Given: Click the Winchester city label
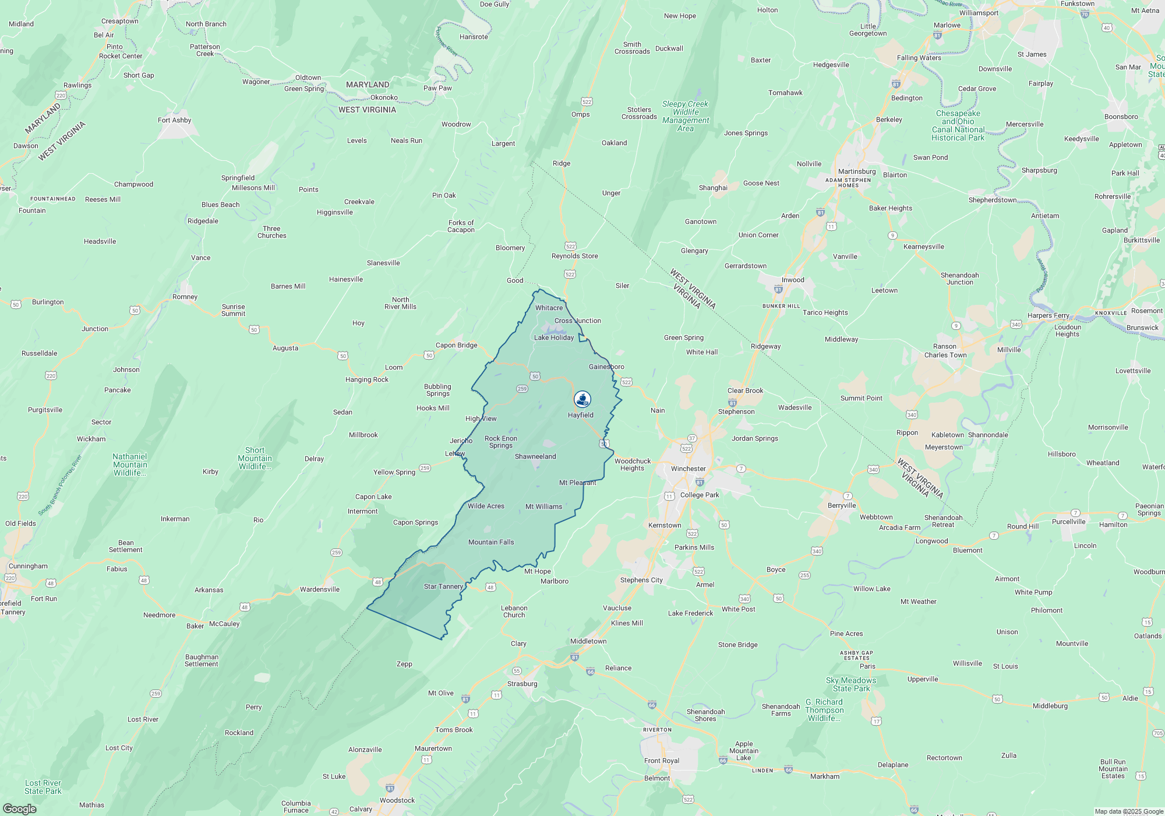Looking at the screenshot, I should (x=688, y=469).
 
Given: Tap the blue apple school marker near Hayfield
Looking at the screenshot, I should (x=582, y=399).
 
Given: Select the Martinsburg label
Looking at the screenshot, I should (x=856, y=171).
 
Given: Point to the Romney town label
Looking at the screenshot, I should (x=185, y=297).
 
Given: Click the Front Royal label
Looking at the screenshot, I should (x=661, y=761).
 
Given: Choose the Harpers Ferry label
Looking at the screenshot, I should (x=1048, y=315).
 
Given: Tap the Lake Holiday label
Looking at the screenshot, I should (x=553, y=337).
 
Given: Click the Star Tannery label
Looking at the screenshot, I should (x=443, y=586).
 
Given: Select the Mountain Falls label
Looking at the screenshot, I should (x=490, y=542).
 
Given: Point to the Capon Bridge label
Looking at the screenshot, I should (x=456, y=345).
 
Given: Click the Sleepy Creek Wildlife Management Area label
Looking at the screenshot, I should (x=685, y=117).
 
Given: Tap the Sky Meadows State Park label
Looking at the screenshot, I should (x=850, y=684).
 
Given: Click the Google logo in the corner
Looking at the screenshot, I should (x=19, y=809).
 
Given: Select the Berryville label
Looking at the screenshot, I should (x=841, y=505).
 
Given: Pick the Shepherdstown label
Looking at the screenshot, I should (x=992, y=200).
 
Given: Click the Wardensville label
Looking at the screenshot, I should (x=319, y=589).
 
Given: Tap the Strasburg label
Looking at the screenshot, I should (x=522, y=684).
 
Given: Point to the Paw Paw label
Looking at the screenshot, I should (x=437, y=88).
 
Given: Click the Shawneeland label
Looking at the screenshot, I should (x=535, y=456).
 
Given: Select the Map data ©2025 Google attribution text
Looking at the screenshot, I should (x=1128, y=811).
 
